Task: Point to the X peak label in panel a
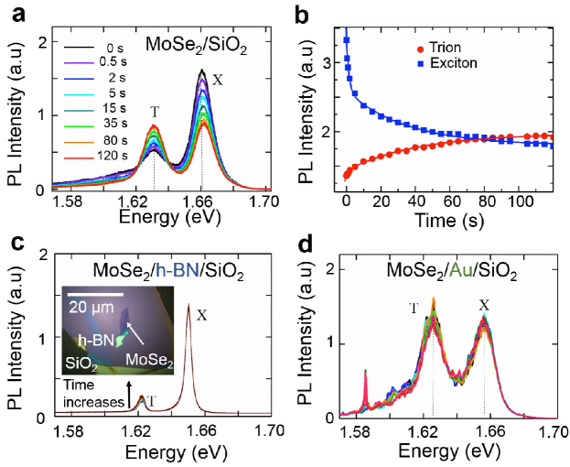tap(217, 80)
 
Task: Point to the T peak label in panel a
tap(155, 112)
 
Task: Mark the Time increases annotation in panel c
tap(87, 396)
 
